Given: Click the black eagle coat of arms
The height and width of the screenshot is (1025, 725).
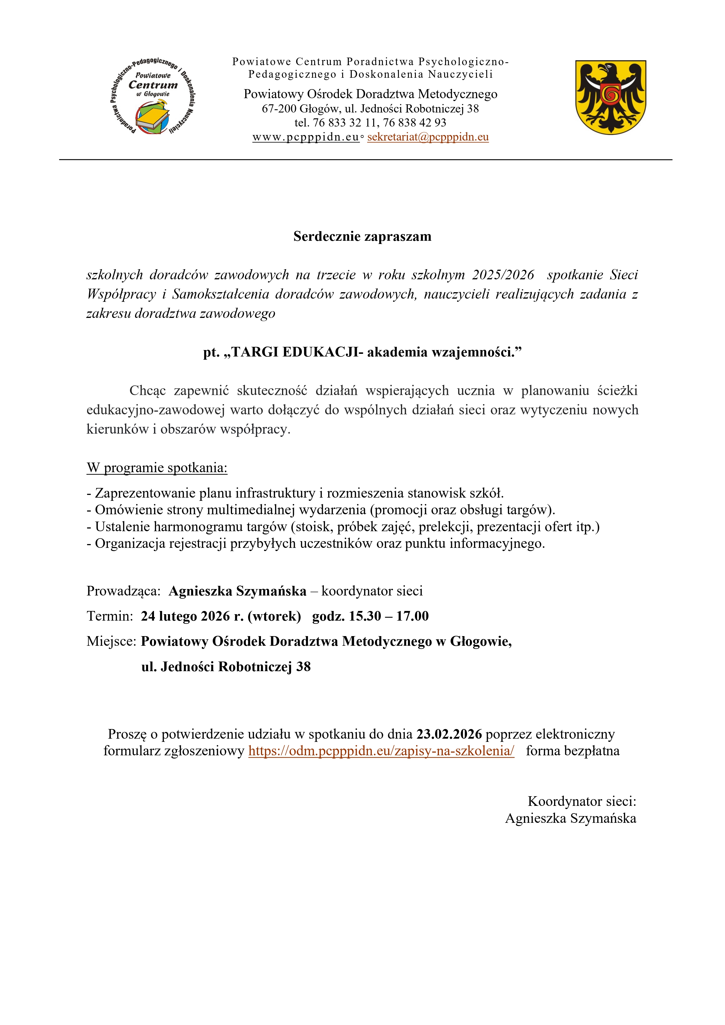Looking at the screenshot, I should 610,97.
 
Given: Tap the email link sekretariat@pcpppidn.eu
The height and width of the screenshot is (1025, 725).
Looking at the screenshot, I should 428,137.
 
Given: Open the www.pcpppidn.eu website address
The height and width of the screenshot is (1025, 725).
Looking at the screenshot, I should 306,137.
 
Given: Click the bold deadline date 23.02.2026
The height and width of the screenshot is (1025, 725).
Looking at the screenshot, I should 449,734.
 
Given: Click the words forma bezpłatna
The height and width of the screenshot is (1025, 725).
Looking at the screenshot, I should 573,751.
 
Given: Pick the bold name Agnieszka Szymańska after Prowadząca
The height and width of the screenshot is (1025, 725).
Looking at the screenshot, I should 238,591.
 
